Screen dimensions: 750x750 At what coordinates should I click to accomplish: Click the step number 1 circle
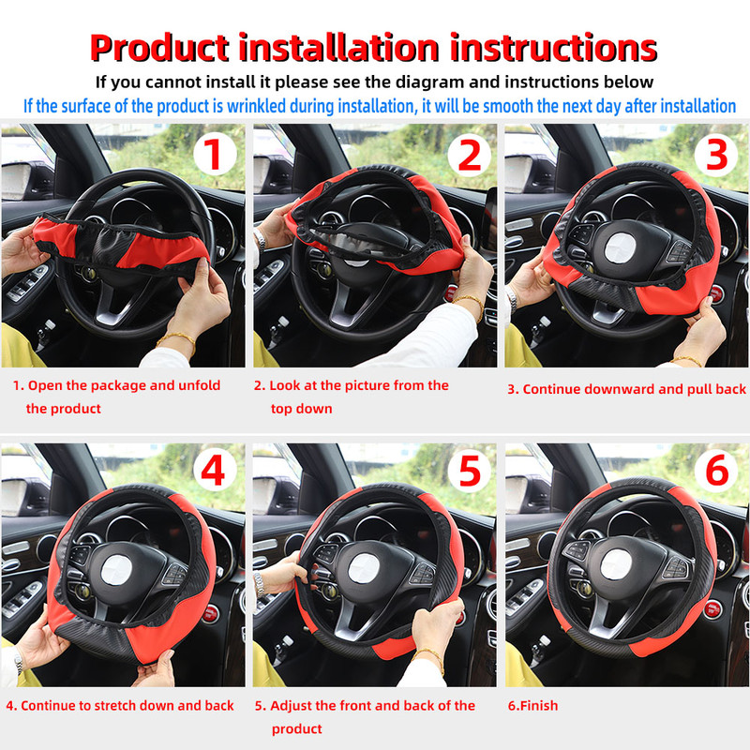[214, 156]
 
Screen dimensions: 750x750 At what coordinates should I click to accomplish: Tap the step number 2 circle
[469, 156]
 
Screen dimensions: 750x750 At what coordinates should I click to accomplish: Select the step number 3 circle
[716, 156]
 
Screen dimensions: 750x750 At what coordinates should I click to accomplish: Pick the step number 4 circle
[214, 472]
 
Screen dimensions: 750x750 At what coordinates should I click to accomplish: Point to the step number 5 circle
[469, 472]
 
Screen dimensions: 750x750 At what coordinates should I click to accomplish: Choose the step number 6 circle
[716, 472]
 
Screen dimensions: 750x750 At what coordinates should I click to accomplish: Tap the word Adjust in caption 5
[293, 706]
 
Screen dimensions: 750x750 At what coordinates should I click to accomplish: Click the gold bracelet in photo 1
[178, 338]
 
